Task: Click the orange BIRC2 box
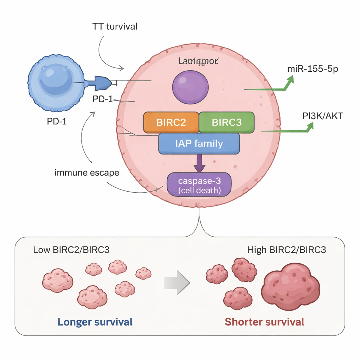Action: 171,122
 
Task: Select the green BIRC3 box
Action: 227,122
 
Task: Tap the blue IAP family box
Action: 199,143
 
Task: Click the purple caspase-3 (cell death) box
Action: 199,185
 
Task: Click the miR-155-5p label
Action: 313,69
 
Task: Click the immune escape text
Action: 87,173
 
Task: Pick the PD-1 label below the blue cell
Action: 56,122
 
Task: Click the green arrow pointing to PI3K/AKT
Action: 287,130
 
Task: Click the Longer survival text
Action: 95,322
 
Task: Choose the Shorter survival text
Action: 264,322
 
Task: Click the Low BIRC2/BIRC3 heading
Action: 71,250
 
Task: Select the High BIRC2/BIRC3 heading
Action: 287,250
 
